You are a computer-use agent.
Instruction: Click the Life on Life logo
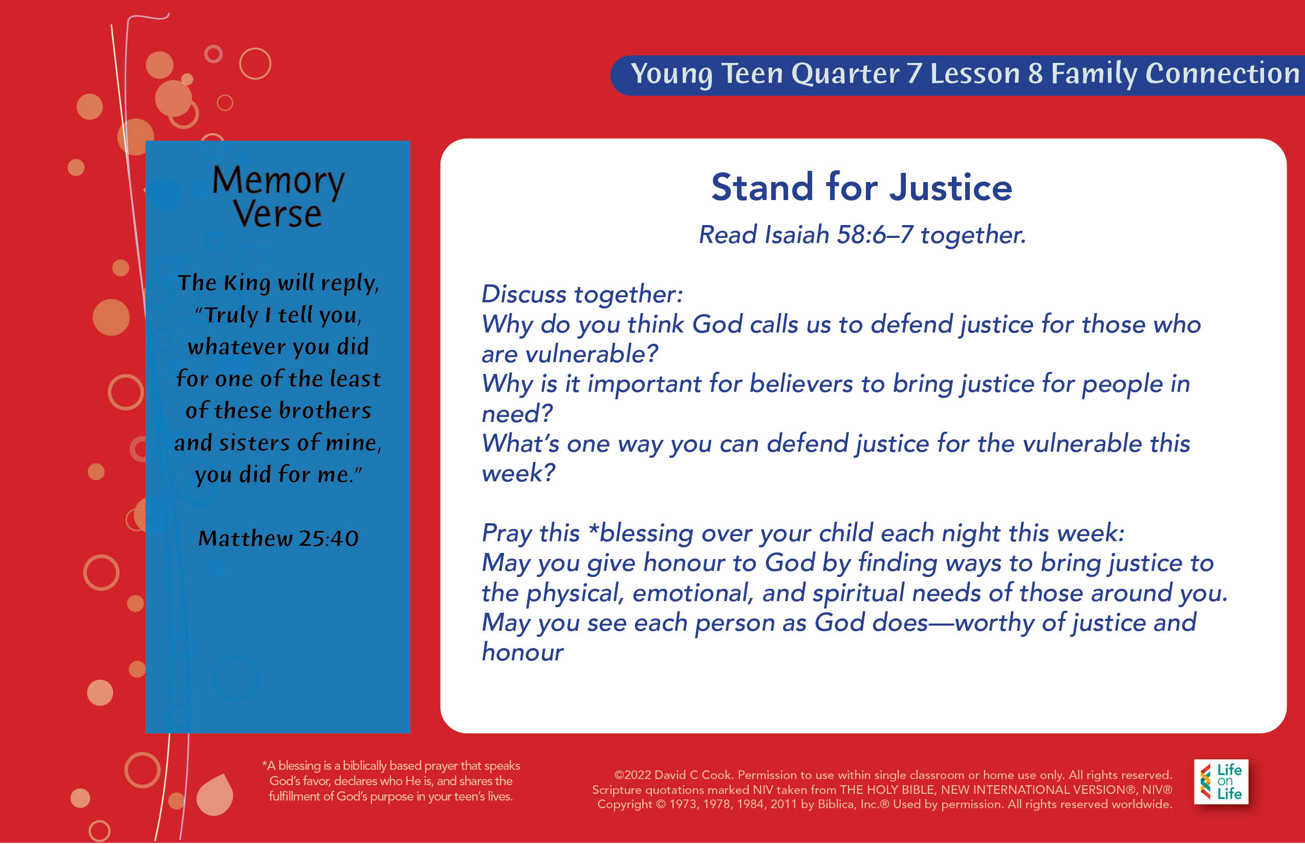1221,782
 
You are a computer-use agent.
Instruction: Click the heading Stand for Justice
861,187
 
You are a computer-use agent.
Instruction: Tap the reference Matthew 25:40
278,538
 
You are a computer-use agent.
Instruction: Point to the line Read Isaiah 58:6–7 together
862,235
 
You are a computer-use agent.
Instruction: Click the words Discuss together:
582,295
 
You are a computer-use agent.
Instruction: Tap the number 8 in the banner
1035,74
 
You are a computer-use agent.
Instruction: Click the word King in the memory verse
247,283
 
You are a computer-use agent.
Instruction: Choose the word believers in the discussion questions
801,384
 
